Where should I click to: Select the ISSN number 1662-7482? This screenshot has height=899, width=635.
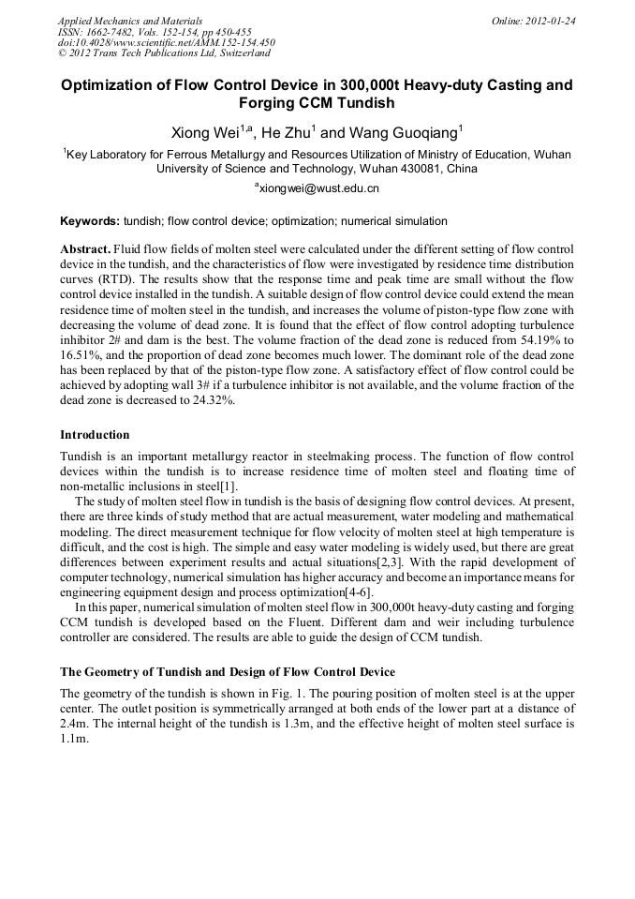coord(119,32)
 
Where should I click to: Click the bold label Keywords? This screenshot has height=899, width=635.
coord(90,221)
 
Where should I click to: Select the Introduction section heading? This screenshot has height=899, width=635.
coord(95,435)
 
